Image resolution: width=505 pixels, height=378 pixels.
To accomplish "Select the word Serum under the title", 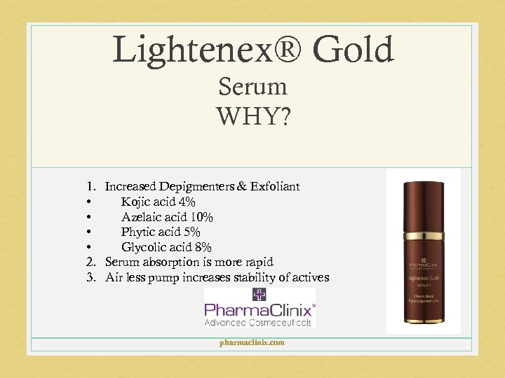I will [x=252, y=87].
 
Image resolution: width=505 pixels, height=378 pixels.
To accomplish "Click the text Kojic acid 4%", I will [x=158, y=202].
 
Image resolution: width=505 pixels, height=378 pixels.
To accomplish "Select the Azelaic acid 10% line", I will [x=167, y=217].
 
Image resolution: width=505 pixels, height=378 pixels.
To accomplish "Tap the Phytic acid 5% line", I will [x=161, y=232].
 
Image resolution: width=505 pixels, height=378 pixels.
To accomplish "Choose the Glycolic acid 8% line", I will [x=166, y=247].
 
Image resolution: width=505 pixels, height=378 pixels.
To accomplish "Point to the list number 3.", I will [x=90, y=277].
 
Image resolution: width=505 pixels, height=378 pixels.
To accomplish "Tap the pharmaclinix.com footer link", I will [x=252, y=342].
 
